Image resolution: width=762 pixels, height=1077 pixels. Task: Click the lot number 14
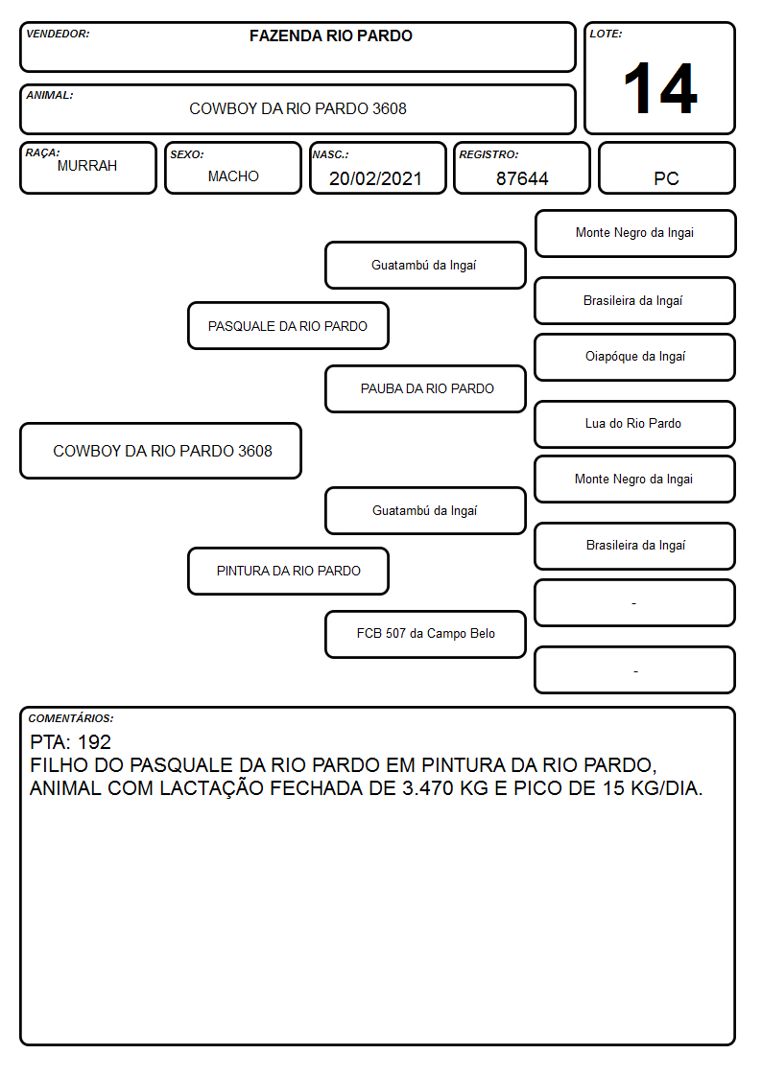[660, 88]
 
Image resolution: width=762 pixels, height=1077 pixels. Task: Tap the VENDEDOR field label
[58, 34]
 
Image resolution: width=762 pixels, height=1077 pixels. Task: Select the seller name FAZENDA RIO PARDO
[330, 35]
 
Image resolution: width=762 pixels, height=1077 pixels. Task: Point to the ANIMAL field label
[50, 96]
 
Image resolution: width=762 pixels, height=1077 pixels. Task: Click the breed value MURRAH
[87, 166]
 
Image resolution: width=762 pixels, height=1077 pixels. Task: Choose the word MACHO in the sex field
[233, 176]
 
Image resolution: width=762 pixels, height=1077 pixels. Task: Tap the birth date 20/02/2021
[375, 178]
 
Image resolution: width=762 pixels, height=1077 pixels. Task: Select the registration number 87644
[522, 178]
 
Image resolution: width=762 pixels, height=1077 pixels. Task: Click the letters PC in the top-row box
[666, 178]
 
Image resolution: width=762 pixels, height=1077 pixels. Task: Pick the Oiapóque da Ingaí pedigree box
[635, 357]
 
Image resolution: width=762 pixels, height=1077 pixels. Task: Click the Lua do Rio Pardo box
[635, 424]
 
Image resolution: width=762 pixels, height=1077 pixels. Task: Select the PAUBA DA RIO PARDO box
[426, 388]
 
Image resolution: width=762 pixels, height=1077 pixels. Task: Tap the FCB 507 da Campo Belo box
[426, 634]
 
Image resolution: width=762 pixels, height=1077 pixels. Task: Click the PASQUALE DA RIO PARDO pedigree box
[289, 325]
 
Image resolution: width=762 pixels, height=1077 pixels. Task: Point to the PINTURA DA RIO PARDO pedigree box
[289, 571]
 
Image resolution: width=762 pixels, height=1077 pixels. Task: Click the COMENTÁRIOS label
[71, 718]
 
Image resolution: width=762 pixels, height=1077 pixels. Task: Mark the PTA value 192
[94, 742]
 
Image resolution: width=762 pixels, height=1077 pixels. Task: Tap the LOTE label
[606, 34]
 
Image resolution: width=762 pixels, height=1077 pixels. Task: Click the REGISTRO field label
[489, 155]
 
